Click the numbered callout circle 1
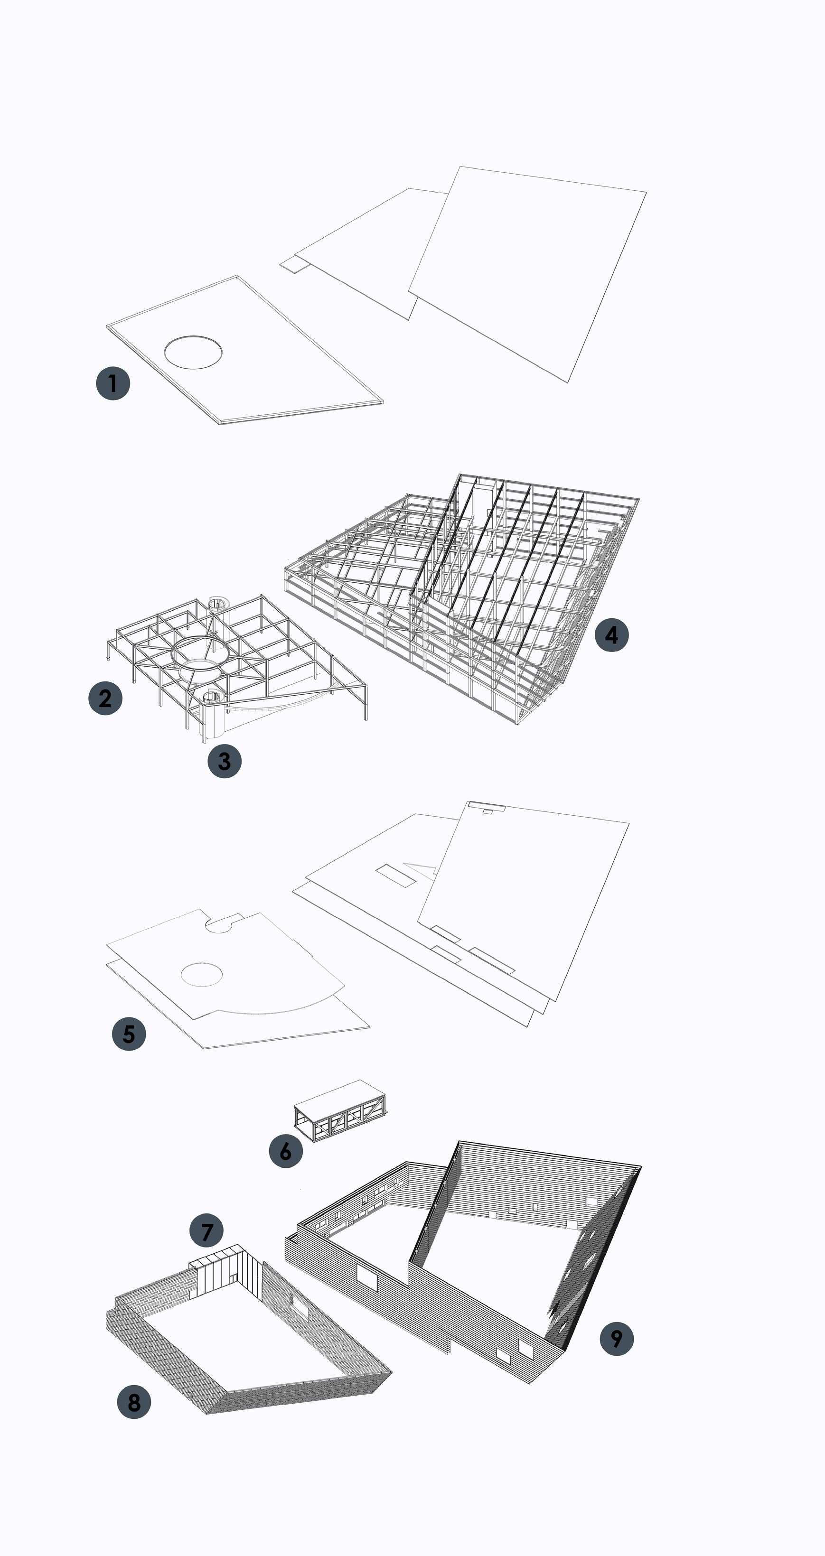coord(113,383)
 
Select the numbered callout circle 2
coord(105,698)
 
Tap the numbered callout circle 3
coord(224,761)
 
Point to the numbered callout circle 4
coord(612,635)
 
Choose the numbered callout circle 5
coord(129,1034)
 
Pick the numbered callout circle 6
coord(285,1151)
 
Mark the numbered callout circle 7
coord(206,1230)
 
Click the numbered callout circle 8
coord(133,1401)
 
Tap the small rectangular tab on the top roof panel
coord(293,263)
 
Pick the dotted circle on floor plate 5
coord(202,974)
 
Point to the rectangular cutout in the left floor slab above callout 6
coord(396,875)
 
